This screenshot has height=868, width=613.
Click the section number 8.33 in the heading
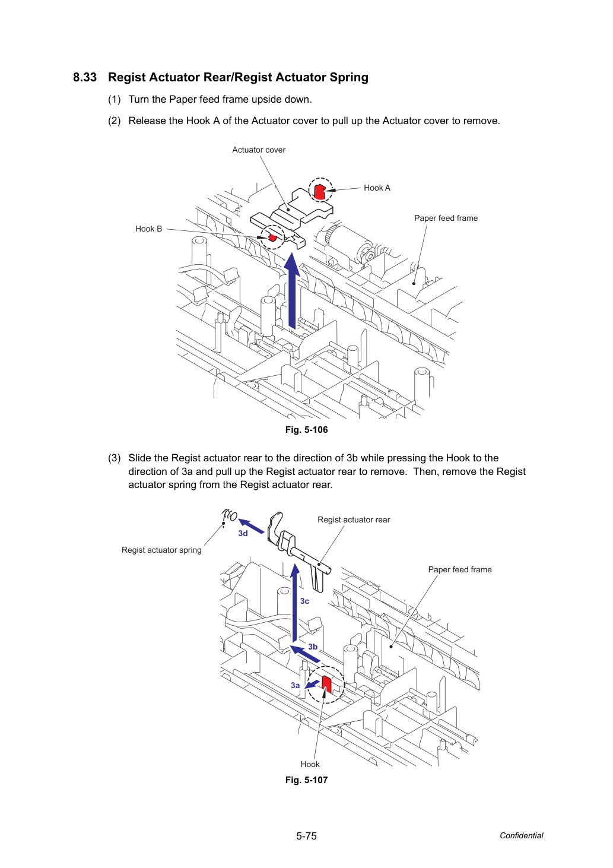(x=85, y=77)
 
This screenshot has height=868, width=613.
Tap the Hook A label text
(x=377, y=188)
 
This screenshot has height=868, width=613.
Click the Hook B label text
(x=149, y=229)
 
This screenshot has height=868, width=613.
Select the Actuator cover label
(x=259, y=150)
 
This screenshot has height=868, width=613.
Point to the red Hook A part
(x=319, y=191)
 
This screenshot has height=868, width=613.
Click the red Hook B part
(x=272, y=237)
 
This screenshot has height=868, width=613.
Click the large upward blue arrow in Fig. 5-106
(x=292, y=291)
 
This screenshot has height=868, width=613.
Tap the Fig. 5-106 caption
(x=306, y=430)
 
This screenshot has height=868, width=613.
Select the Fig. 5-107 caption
(x=306, y=780)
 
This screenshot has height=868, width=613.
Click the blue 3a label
(x=296, y=686)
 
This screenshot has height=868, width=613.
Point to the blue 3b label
(x=313, y=647)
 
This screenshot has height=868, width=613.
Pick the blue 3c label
(x=305, y=601)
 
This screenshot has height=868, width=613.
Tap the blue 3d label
(x=243, y=534)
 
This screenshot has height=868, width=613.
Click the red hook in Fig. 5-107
(x=326, y=684)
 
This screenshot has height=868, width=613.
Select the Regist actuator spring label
(x=161, y=550)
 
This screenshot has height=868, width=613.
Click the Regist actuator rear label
(x=354, y=520)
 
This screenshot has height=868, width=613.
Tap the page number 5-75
(x=306, y=836)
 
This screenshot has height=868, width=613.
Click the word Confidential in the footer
(x=521, y=836)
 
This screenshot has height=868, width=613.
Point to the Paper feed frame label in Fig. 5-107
(x=460, y=569)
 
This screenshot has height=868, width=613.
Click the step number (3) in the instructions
(x=115, y=458)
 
